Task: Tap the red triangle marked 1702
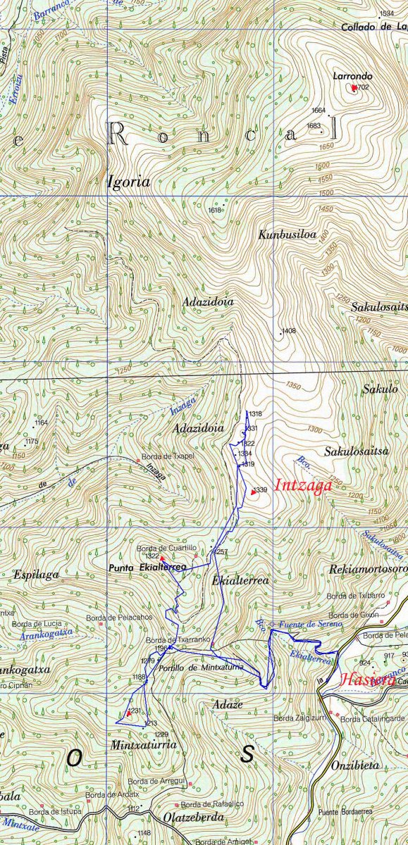pyautogui.click(x=353, y=87)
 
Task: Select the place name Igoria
pyautogui.click(x=129, y=182)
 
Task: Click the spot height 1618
pyautogui.click(x=216, y=210)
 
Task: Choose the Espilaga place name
pyautogui.click(x=37, y=575)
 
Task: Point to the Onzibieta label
pyautogui.click(x=355, y=765)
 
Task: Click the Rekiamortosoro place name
pyautogui.click(x=368, y=568)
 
